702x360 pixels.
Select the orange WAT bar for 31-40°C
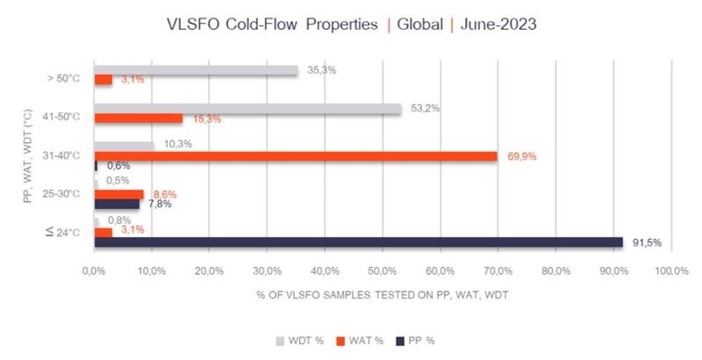coord(295,156)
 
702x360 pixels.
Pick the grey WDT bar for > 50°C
coord(196,70)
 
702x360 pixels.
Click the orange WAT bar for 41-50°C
coord(138,119)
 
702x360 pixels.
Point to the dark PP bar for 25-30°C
coord(116,204)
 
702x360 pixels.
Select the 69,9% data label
coord(521,156)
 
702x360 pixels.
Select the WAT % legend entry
coord(352,339)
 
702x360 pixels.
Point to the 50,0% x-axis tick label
coord(383,272)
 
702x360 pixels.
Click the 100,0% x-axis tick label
coord(670,272)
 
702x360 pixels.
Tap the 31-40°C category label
coord(61,155)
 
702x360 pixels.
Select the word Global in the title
coord(419,25)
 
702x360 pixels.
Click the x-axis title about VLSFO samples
coord(382,295)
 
